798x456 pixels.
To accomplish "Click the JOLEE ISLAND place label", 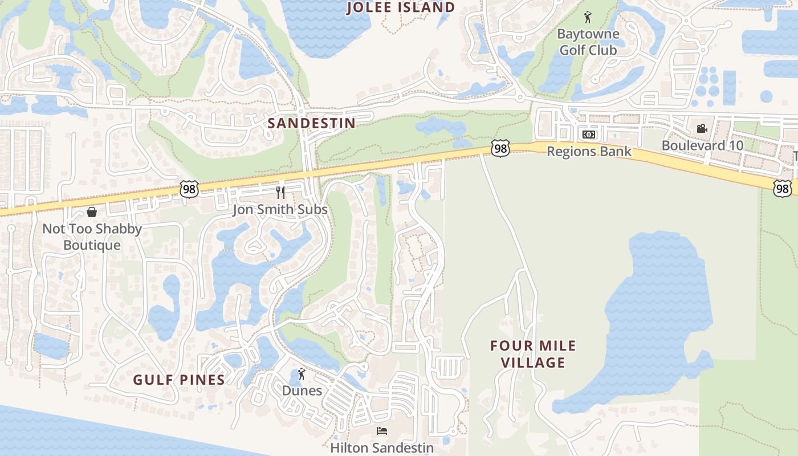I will pyautogui.click(x=401, y=7).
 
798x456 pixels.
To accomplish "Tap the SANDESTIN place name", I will pyautogui.click(x=311, y=123).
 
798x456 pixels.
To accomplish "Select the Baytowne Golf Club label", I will pyautogui.click(x=588, y=42).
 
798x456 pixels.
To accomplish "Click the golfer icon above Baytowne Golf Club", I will pyautogui.click(x=588, y=18).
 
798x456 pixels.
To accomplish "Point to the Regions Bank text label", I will pyautogui.click(x=589, y=152).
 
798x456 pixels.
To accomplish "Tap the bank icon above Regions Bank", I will pyautogui.click(x=589, y=135).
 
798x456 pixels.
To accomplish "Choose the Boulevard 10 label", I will pyautogui.click(x=702, y=145).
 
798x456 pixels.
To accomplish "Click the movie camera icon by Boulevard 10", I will pyautogui.click(x=702, y=128).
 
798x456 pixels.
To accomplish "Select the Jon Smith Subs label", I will pyautogui.click(x=280, y=210).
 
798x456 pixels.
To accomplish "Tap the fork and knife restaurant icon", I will pyautogui.click(x=280, y=192).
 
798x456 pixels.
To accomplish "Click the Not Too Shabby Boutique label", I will pyautogui.click(x=92, y=237).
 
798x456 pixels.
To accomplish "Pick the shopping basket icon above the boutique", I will pyautogui.click(x=92, y=212).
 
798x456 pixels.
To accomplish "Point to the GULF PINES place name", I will pyautogui.click(x=179, y=380).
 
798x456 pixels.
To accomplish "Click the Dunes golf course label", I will pyautogui.click(x=302, y=391).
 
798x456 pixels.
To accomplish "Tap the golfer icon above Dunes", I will pyautogui.click(x=302, y=374).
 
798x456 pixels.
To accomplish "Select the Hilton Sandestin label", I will pyautogui.click(x=382, y=448).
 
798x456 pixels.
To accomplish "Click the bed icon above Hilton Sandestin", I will pyautogui.click(x=382, y=431).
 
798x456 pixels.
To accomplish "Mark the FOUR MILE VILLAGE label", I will pyautogui.click(x=534, y=354).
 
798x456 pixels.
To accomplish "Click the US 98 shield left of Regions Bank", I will pyautogui.click(x=500, y=149).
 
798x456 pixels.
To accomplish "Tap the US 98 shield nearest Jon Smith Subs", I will pyautogui.click(x=189, y=190).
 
